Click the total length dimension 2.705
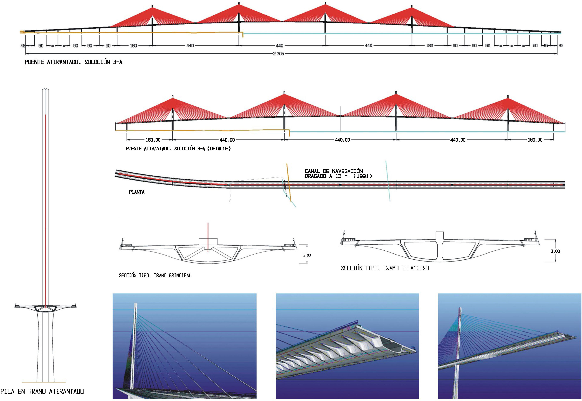coord(278,54)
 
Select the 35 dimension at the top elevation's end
coord(561,46)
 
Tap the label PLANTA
coord(136,192)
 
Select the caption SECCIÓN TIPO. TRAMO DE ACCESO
coord(385,268)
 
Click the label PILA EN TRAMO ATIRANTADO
coord(42,391)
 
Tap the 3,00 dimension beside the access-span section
coord(555,251)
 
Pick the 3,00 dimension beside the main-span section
coord(307,255)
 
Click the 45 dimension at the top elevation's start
coord(23,46)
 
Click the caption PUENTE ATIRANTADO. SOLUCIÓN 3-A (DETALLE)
coord(178,149)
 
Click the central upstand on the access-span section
coord(440,235)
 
